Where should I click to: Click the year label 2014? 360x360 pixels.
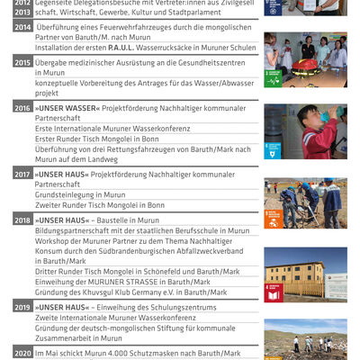tap(22, 28)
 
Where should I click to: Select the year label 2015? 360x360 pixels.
tap(22, 63)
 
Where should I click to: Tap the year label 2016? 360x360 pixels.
tap(22, 108)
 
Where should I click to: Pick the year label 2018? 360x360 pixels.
tap(22, 220)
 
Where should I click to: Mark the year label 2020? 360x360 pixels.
tap(22, 354)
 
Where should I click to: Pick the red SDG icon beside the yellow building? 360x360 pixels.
tap(274, 292)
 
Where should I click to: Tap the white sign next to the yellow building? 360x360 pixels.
tap(335, 286)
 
